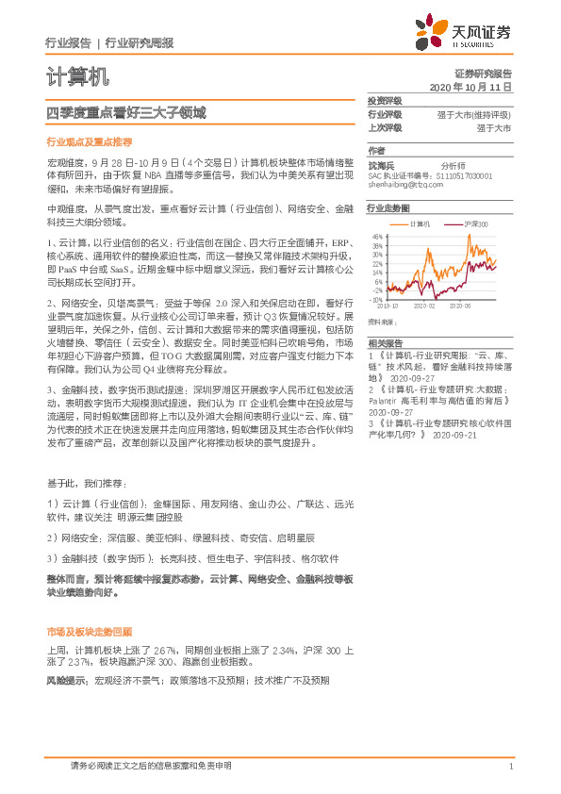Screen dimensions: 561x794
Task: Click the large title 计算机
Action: tap(77, 75)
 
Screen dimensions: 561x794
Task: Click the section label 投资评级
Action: tap(385, 100)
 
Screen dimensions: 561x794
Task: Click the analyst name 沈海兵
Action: tap(383, 165)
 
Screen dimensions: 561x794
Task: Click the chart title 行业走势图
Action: tap(388, 207)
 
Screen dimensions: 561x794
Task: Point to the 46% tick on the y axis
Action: tap(377, 237)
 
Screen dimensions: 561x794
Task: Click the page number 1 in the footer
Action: tap(509, 766)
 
